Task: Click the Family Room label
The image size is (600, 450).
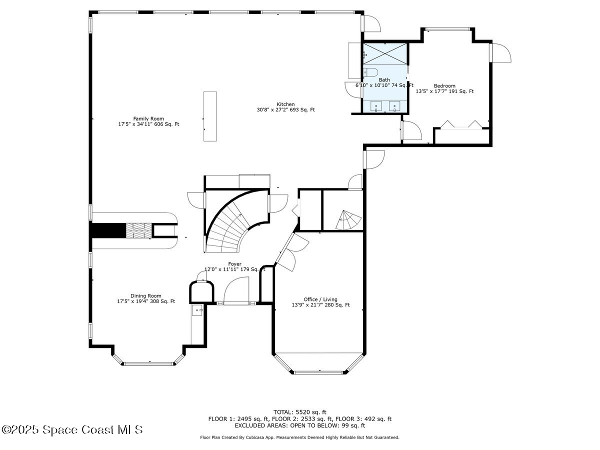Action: coord(148,118)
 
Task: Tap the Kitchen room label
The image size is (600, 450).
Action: coord(285,104)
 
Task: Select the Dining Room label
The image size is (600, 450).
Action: coord(146,295)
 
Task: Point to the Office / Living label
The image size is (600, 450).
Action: coord(320,299)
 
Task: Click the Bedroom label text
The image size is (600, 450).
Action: coord(444,85)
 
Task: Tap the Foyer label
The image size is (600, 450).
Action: coord(234,263)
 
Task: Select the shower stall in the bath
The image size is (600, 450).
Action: coord(385,53)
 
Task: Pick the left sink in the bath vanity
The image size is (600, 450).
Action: coord(376,106)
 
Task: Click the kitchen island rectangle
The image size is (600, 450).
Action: coord(210,116)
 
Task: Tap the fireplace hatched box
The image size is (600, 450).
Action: coord(138,230)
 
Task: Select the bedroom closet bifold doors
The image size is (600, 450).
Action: coord(460,124)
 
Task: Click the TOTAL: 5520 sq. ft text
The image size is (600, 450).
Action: coord(299,412)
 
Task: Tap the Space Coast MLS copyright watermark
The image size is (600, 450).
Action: coord(72,429)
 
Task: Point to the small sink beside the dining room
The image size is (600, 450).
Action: coord(198,310)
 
